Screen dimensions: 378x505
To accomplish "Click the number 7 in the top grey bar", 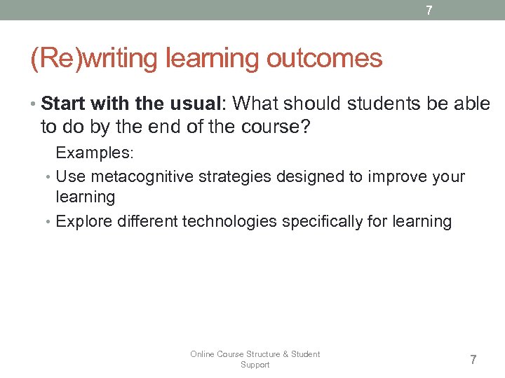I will (x=429, y=10).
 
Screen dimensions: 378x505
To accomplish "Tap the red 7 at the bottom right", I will (x=473, y=360).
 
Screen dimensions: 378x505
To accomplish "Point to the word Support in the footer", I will (x=255, y=365).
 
